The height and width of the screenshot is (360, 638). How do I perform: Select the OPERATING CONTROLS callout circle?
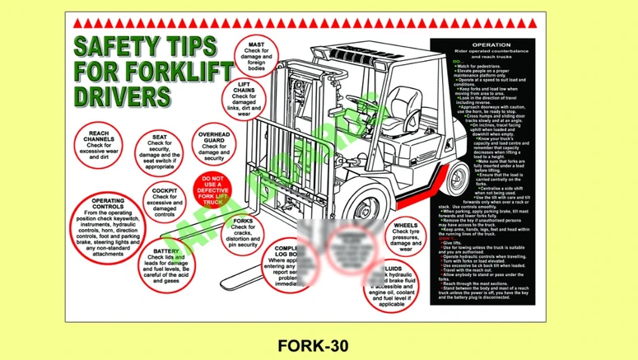pyautogui.click(x=108, y=224)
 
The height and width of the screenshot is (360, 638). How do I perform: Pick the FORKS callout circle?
pyautogui.click(x=243, y=233)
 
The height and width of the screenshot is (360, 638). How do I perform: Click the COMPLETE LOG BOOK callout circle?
pyautogui.click(x=284, y=262)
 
